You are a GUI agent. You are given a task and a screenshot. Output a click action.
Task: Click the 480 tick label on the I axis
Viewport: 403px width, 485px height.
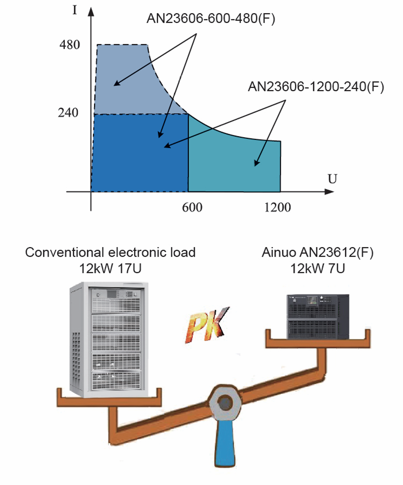pos(70,45)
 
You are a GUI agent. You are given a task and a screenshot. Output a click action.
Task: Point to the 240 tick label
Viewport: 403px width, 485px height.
pos(68,113)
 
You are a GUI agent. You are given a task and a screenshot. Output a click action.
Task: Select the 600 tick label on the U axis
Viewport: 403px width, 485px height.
pos(192,207)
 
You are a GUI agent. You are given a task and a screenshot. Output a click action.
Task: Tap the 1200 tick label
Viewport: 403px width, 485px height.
pos(278,207)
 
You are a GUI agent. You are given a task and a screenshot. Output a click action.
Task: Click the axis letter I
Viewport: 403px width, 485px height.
pos(74,11)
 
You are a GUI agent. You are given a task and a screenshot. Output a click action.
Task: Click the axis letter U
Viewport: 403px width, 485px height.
pos(332,179)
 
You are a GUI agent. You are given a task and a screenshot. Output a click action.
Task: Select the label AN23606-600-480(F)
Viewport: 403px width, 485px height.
pos(211,19)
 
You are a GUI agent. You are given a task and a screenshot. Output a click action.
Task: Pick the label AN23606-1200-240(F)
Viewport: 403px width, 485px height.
pos(316,86)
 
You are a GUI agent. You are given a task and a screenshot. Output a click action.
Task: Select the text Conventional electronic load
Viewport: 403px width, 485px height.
pos(110,252)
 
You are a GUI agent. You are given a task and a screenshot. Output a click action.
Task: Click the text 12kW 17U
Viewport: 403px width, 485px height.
pos(110,268)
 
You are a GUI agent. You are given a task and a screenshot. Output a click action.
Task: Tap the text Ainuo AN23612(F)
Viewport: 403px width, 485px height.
pos(317,252)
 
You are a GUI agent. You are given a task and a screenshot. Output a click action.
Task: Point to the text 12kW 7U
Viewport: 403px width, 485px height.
pos(317,268)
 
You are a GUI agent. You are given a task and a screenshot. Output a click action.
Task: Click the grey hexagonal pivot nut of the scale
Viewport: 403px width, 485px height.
pos(225,403)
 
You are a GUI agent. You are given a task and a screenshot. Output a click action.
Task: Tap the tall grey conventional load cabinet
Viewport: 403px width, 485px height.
pos(109,340)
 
